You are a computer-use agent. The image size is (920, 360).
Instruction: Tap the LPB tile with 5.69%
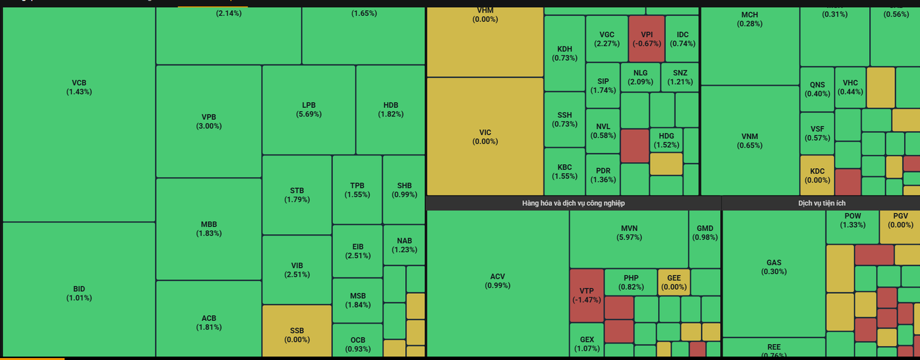pyautogui.click(x=308, y=110)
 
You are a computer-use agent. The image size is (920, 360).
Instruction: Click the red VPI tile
pyautogui.click(x=647, y=39)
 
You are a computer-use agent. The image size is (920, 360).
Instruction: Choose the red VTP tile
pyautogui.click(x=586, y=294)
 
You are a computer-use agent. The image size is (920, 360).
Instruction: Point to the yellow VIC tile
pyautogui.click(x=485, y=136)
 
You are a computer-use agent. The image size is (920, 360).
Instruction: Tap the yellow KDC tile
pyautogui.click(x=817, y=175)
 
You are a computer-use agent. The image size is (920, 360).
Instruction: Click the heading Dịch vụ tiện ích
pyautogui.click(x=821, y=203)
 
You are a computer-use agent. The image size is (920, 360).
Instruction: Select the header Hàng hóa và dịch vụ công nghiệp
pyautogui.click(x=573, y=203)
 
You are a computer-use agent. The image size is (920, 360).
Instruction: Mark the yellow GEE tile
pyautogui.click(x=674, y=282)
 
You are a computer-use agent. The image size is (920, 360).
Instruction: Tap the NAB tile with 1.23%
pyautogui.click(x=404, y=245)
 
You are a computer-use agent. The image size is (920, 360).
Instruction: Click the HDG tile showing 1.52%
pyautogui.click(x=666, y=140)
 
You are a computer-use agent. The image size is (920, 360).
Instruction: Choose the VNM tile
pyautogui.click(x=750, y=140)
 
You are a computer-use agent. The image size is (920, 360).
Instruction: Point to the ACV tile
pyautogui.click(x=497, y=281)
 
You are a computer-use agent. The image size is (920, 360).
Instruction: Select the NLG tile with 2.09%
pyautogui.click(x=640, y=77)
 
